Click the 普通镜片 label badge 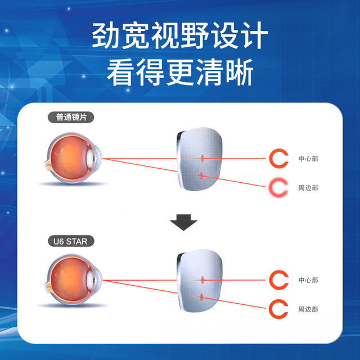71,118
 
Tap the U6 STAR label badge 71,241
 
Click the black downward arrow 183,222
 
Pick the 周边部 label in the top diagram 308,188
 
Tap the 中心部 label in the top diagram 308,159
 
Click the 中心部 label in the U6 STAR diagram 308,280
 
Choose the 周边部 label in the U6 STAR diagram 308,309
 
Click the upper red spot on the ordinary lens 202,158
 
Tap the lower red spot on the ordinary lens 202,176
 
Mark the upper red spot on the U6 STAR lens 202,280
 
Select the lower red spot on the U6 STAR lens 202,298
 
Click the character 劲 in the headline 106,35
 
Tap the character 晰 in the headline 239,72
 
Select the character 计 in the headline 254,35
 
